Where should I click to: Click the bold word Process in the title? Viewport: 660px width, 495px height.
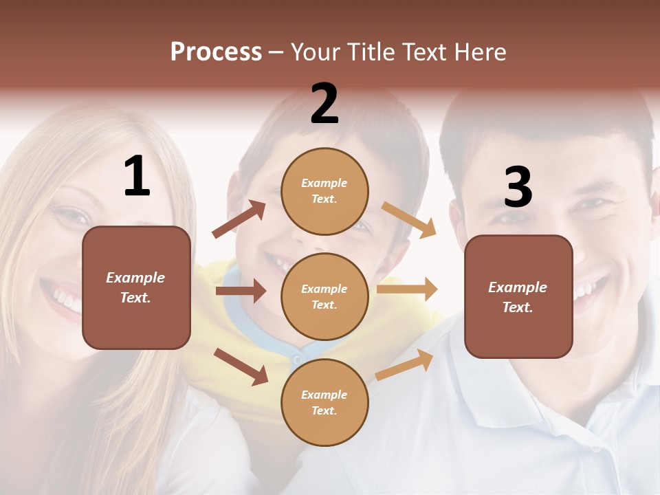pyautogui.click(x=216, y=52)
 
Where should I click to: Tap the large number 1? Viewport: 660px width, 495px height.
pyautogui.click(x=137, y=177)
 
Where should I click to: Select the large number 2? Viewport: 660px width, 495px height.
pyautogui.click(x=324, y=104)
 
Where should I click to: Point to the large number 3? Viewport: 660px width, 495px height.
pyautogui.click(x=518, y=187)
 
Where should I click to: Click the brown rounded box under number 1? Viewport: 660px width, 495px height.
pyautogui.click(x=136, y=287)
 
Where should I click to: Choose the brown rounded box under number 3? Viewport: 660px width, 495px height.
pyautogui.click(x=518, y=297)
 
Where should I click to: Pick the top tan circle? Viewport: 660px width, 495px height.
pyautogui.click(x=324, y=190)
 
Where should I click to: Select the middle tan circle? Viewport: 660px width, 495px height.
pyautogui.click(x=324, y=296)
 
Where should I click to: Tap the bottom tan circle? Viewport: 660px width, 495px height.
pyautogui.click(x=324, y=402)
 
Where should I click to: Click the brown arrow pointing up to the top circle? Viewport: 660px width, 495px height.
pyautogui.click(x=239, y=219)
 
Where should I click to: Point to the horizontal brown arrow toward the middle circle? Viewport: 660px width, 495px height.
pyautogui.click(x=241, y=291)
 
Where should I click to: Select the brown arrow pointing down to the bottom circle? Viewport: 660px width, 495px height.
pyautogui.click(x=241, y=366)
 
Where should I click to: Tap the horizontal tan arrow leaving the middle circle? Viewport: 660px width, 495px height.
pyautogui.click(x=407, y=289)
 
